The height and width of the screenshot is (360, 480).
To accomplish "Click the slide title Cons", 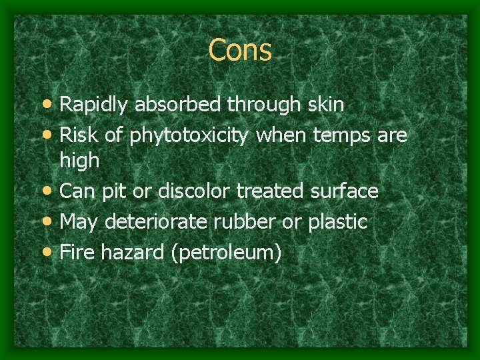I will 240,50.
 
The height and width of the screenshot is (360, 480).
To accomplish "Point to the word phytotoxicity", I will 191,137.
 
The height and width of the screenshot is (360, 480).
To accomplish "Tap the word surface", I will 345,192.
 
